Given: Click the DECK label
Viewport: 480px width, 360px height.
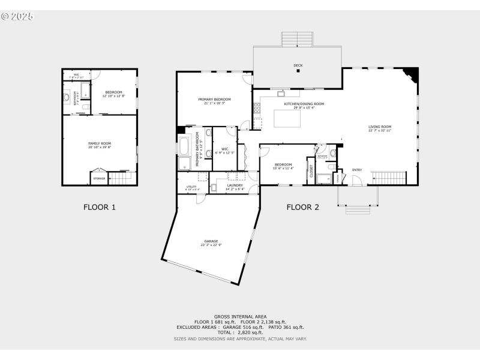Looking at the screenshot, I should (298, 65).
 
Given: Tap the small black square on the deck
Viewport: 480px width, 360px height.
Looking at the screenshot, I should (298, 71).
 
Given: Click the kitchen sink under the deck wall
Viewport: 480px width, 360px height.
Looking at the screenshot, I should (280, 94).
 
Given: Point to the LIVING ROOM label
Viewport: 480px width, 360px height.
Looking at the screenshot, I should (380, 127).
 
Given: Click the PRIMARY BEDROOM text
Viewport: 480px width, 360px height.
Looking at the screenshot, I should (214, 99).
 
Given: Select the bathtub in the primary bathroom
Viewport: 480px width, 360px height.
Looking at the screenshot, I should (184, 146).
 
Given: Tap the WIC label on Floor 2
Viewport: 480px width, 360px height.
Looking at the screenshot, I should (225, 148).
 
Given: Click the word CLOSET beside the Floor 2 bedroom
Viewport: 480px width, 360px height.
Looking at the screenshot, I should (311, 171).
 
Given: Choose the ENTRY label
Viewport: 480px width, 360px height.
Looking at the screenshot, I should (357, 170).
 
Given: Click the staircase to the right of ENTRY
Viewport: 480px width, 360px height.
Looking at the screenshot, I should (389, 178).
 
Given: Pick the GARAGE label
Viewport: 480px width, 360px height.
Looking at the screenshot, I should (211, 241).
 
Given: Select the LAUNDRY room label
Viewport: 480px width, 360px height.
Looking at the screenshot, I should (235, 185).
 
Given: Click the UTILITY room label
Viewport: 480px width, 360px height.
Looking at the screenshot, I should (191, 187).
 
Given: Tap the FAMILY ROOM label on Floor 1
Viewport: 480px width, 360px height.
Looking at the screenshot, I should (100, 143).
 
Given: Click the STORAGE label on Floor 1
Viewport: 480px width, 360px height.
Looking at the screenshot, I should (99, 178).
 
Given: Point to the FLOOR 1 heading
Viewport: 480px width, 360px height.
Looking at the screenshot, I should (99, 208).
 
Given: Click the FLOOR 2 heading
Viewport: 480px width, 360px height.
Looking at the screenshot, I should (302, 208).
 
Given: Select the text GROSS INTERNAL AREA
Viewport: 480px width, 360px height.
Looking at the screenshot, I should (240, 316).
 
